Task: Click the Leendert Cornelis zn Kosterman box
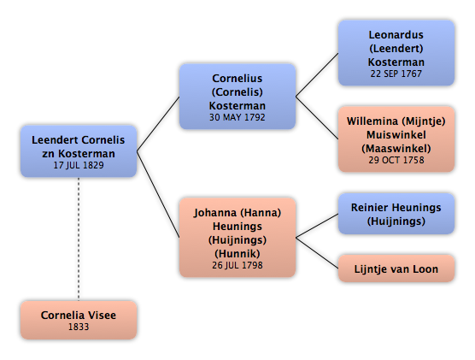[79, 151]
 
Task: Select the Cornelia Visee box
[79, 320]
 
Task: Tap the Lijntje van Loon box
[396, 269]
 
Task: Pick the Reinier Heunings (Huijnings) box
[396, 214]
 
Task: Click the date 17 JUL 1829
[79, 165]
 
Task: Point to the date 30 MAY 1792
[237, 117]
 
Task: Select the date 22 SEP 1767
[396, 74]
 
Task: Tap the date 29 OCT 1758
[396, 160]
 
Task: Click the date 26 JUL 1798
[237, 265]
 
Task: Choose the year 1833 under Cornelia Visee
[79, 327]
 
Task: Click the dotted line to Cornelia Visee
[79, 239]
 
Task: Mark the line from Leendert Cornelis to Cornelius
[158, 124]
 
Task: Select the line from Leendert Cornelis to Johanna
[158, 194]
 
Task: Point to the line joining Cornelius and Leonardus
[317, 75]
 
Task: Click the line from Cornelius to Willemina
[317, 118]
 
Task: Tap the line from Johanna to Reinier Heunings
[317, 226]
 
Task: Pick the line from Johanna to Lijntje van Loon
[317, 253]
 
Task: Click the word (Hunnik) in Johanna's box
[237, 254]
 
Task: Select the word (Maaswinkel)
[396, 149]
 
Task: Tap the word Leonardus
[396, 35]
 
